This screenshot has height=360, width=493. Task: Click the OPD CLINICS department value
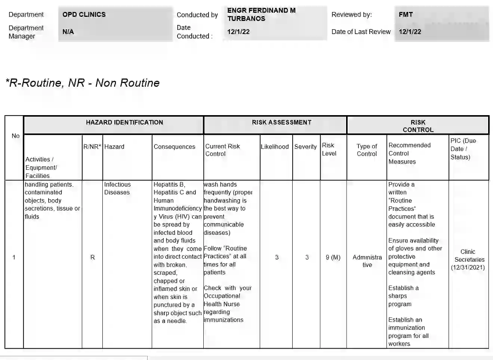84,15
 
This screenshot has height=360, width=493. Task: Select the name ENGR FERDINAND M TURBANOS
261,15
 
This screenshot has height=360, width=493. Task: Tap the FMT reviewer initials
406,15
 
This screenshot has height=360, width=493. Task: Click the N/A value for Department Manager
68,32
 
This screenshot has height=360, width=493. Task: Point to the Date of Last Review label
361,32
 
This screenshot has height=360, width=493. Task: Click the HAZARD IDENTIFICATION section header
124,123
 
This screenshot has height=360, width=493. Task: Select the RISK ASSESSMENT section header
281,123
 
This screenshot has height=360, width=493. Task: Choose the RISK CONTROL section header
418,126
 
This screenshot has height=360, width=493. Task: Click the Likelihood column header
275,147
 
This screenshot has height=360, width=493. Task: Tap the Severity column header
305,147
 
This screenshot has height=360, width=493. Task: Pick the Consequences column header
174,147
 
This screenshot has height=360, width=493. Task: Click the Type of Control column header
367,150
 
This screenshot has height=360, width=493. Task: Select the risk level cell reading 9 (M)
333,257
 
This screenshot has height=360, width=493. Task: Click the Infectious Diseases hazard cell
117,188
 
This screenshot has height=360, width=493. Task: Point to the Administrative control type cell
367,261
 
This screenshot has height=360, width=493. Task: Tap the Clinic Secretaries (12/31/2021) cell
468,259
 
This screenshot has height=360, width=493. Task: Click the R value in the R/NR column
92,257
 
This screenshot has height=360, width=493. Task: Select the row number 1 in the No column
14,257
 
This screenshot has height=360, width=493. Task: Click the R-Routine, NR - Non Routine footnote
83,83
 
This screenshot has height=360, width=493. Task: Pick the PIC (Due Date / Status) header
463,149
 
